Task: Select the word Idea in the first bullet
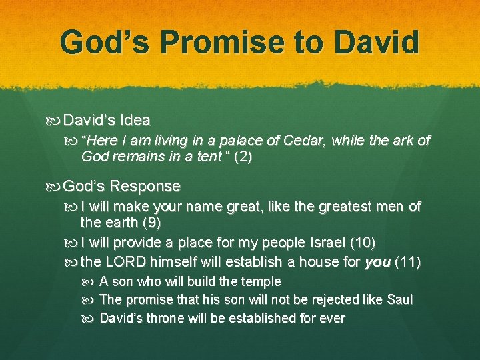click(x=135, y=121)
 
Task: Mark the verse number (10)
click(x=361, y=243)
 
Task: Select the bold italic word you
click(x=378, y=263)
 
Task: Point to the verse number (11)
click(x=408, y=263)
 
